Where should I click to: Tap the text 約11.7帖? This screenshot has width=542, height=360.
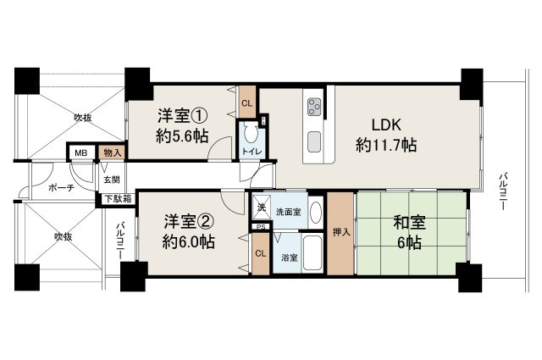[x=385, y=146]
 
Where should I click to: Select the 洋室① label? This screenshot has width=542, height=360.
[x=181, y=114]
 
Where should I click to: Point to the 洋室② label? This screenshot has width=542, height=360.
[x=188, y=222]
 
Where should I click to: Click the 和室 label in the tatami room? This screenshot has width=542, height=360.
[x=411, y=224]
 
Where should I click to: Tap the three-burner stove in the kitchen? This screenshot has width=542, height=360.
[x=314, y=108]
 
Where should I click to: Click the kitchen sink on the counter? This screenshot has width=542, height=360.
[x=314, y=139]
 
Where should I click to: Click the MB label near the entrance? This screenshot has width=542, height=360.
[x=81, y=152]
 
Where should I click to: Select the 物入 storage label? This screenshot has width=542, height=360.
[x=111, y=152]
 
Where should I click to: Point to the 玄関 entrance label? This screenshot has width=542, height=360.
[x=111, y=180]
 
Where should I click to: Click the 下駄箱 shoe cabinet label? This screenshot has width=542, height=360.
[x=118, y=200]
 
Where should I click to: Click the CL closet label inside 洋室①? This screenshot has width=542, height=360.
[x=246, y=103]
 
